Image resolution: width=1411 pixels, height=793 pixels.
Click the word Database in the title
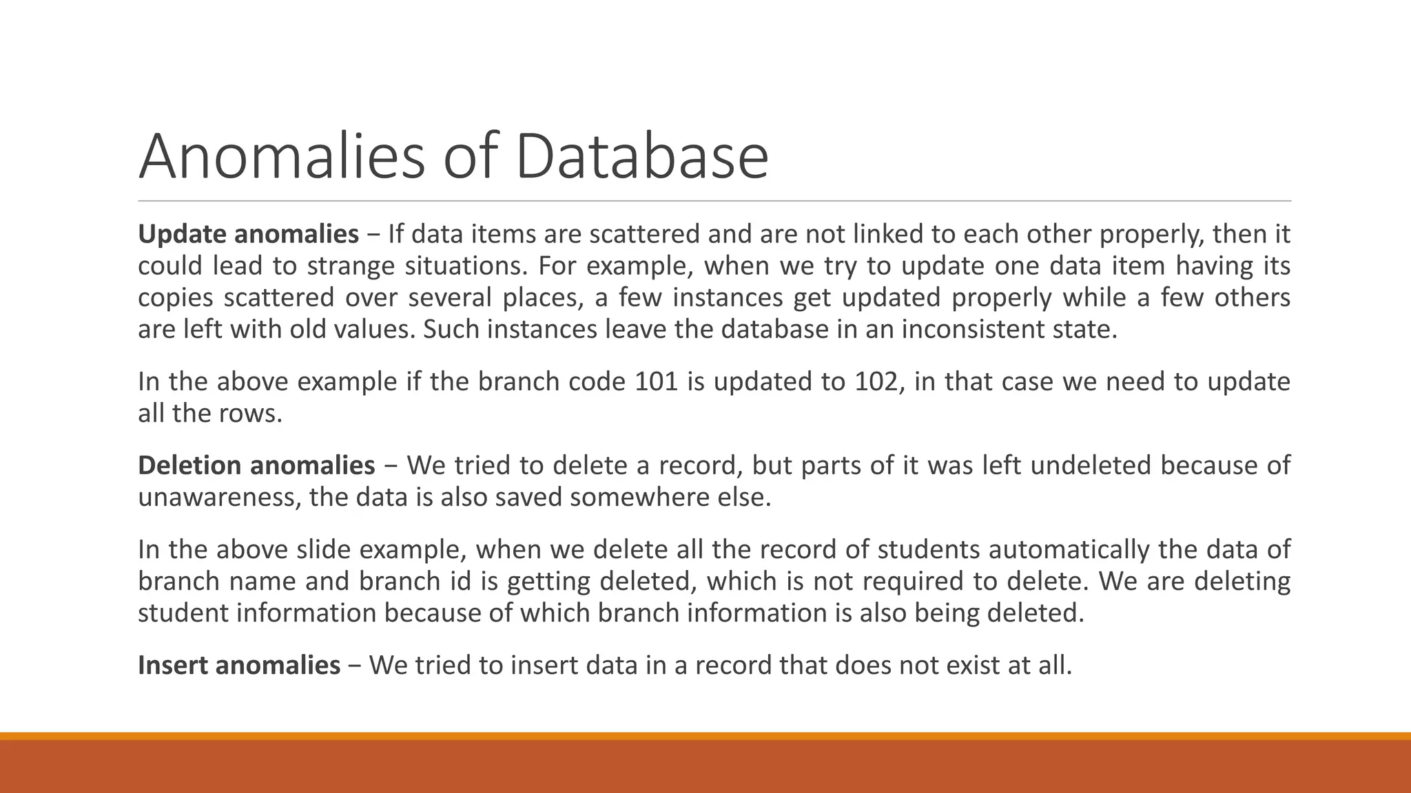641,157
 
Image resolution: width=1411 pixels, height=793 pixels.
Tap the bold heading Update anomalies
248,235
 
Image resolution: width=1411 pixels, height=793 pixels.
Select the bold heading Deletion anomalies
256,466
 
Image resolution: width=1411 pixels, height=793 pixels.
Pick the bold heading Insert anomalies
239,666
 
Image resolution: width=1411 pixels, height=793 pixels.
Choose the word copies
175,298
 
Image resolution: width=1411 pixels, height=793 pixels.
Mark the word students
929,550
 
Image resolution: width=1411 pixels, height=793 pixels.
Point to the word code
597,382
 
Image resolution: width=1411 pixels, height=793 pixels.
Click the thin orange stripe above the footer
705,736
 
